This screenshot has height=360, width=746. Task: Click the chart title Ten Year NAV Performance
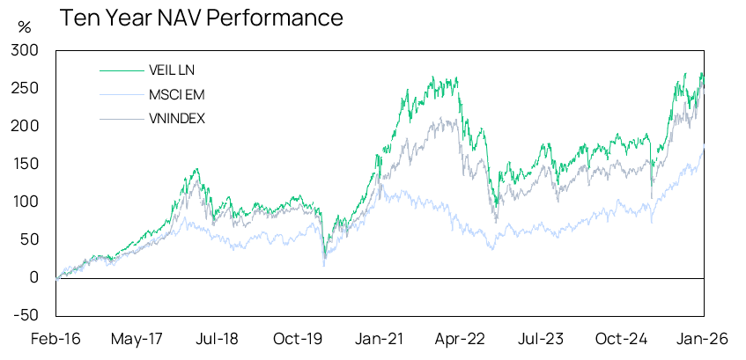(x=201, y=18)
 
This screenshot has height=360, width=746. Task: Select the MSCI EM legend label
(x=175, y=94)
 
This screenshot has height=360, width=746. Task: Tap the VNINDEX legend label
(x=178, y=118)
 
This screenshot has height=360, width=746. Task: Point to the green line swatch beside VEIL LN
(x=120, y=70)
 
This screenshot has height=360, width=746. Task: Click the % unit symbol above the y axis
(x=24, y=27)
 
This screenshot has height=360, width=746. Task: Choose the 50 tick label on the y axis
(x=31, y=239)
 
